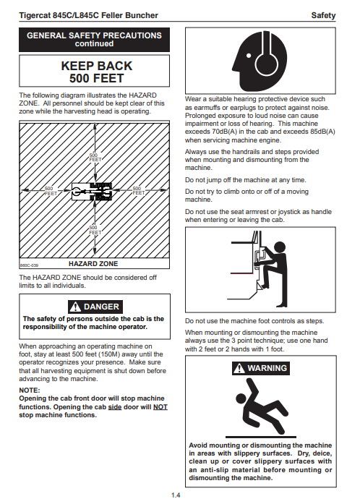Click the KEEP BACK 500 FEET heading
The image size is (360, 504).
96,72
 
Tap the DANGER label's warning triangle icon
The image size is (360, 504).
75,307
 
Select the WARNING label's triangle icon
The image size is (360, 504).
239,368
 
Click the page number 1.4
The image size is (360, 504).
176,495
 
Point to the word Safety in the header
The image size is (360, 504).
323,15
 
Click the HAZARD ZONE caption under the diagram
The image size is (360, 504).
93,264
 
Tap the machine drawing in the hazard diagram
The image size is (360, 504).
92,192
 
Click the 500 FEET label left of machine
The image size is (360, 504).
51,191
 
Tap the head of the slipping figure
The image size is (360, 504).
241,398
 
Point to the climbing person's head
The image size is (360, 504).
280,247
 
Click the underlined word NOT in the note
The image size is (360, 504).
160,407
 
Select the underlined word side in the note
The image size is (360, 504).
115,407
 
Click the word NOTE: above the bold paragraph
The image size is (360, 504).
30,390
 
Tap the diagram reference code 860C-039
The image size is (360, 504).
29,265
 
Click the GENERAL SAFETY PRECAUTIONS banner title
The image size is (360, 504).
94,35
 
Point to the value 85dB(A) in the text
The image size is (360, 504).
323,132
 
